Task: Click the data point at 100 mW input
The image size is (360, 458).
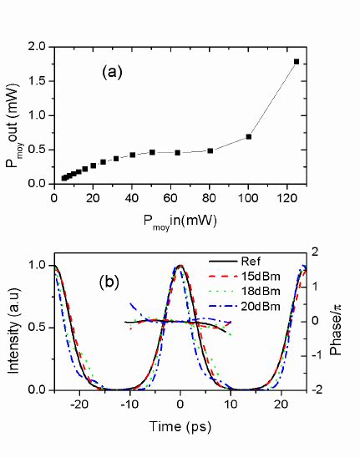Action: tap(249, 136)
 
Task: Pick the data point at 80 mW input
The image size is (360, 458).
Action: tap(210, 150)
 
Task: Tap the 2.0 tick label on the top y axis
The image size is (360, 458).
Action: tap(36, 48)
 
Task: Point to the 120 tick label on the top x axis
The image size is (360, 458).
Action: tap(286, 197)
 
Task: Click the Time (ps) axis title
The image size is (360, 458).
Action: tap(180, 425)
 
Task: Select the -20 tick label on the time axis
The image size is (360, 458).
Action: tap(79, 405)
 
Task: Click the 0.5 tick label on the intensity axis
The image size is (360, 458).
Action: tap(36, 328)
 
